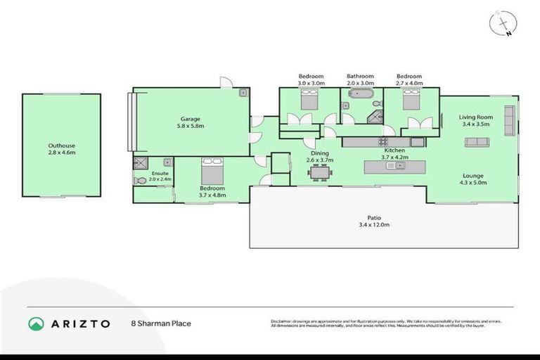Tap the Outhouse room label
[x=61, y=146]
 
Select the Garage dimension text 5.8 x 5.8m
[x=191, y=127]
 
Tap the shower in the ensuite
[x=139, y=163]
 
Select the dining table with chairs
[x=321, y=172]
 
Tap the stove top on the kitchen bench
[x=384, y=141]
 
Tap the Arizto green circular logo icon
[x=37, y=323]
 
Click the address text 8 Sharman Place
[x=161, y=324]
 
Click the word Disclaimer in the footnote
[x=283, y=321]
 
